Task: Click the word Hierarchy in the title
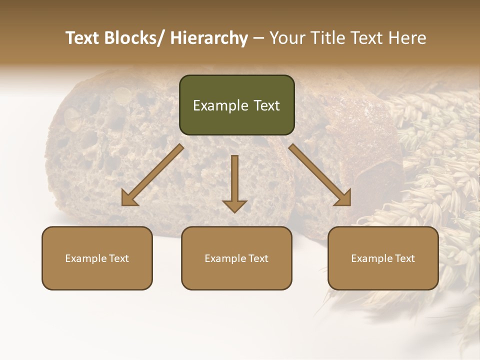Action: point(209,38)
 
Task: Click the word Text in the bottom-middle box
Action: point(257,258)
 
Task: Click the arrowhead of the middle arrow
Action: point(234,205)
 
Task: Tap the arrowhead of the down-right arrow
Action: point(342,197)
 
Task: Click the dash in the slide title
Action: point(258,38)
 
